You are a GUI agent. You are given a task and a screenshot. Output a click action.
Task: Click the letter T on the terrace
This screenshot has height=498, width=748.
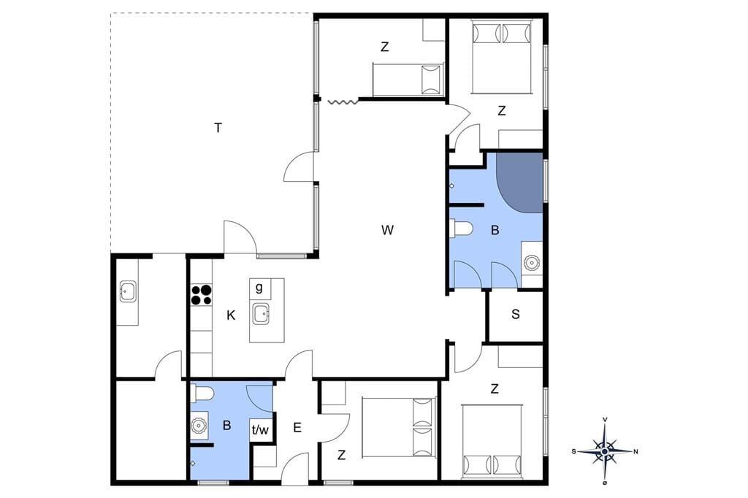pos(218,128)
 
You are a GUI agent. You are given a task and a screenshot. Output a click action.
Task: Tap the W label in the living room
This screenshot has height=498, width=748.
pos(387,230)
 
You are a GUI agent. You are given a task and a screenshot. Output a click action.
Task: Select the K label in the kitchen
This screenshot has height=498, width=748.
pos(231,315)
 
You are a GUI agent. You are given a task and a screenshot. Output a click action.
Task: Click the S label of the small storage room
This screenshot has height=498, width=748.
pos(515,314)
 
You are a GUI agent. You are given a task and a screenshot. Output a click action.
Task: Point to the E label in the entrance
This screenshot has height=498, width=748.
pos(297,428)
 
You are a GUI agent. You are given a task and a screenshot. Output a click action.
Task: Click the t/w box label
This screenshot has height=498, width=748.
pos(260,430)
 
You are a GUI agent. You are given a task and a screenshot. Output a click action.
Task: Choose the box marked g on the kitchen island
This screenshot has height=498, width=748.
pos(259,288)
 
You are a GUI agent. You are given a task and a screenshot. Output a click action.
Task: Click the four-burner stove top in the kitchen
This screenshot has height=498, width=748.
pos(202,294)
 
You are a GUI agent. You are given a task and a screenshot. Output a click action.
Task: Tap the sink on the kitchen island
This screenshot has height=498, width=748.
pos(262,314)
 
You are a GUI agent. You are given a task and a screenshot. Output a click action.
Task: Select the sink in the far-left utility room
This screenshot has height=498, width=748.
pos(128,291)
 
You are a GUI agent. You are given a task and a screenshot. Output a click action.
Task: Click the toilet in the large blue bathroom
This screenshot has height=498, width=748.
pos(462,228)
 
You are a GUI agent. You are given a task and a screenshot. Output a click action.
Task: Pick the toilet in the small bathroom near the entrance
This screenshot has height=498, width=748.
pos(202,394)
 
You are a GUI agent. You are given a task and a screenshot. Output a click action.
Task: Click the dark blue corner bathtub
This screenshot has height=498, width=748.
pos(519,183)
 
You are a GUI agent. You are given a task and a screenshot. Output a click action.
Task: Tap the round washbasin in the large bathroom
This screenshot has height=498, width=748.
pos(531,262)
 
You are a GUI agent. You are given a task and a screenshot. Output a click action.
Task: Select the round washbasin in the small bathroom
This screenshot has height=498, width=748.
pos(198,424)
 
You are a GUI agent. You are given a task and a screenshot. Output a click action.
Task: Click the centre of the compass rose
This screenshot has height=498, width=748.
pos(605,451)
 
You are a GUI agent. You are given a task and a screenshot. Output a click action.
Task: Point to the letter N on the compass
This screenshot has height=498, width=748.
pos(636,451)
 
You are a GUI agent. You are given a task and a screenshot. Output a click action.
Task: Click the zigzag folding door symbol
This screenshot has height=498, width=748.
pos(342,101)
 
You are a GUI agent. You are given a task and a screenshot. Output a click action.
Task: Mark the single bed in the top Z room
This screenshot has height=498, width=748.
pos(408,79)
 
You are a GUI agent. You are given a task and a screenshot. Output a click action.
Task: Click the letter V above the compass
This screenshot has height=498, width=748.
pos(606,419)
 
